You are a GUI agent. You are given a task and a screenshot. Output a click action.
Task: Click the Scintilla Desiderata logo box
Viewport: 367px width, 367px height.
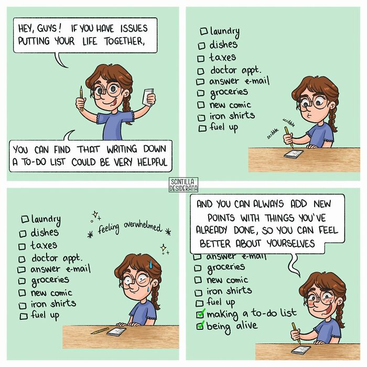click(183, 185)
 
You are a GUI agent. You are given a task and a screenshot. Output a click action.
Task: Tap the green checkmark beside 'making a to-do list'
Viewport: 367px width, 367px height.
click(200, 314)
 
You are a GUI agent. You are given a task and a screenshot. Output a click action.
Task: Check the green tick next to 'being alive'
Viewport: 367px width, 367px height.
click(200, 326)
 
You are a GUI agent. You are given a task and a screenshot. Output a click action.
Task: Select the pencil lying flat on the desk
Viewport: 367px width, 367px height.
click(100, 331)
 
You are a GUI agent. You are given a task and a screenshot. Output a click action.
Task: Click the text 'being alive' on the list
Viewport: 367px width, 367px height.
click(232, 326)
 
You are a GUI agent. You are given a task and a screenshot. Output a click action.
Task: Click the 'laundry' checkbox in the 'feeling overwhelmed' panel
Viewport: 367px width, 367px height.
click(24, 219)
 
